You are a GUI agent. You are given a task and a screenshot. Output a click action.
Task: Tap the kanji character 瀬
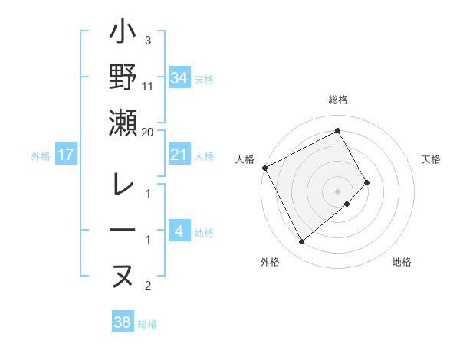tap(123, 123)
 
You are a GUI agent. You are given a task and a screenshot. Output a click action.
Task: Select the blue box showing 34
tap(179, 77)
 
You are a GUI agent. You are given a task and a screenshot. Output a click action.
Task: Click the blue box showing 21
tap(179, 155)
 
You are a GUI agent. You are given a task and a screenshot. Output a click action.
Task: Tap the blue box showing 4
tap(179, 231)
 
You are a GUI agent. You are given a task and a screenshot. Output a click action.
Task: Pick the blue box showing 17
tap(66, 155)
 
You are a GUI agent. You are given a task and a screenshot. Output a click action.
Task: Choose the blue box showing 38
tap(123, 322)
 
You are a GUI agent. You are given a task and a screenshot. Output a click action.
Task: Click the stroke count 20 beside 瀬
tap(148, 132)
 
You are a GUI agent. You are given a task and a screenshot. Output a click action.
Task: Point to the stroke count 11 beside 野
tap(148, 87)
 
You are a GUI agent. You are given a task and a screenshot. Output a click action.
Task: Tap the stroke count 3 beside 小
tap(148, 41)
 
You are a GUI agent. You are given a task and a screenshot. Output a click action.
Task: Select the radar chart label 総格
tap(338, 100)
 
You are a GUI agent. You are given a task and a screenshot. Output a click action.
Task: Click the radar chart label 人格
tap(245, 159)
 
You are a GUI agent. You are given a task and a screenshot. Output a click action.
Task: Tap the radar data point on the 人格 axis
tap(264, 167)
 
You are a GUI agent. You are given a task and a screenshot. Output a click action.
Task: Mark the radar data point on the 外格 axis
tap(301, 242)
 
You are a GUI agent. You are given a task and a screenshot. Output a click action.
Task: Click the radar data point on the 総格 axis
tap(338, 130)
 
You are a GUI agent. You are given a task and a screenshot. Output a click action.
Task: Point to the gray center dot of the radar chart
tap(338, 191)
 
